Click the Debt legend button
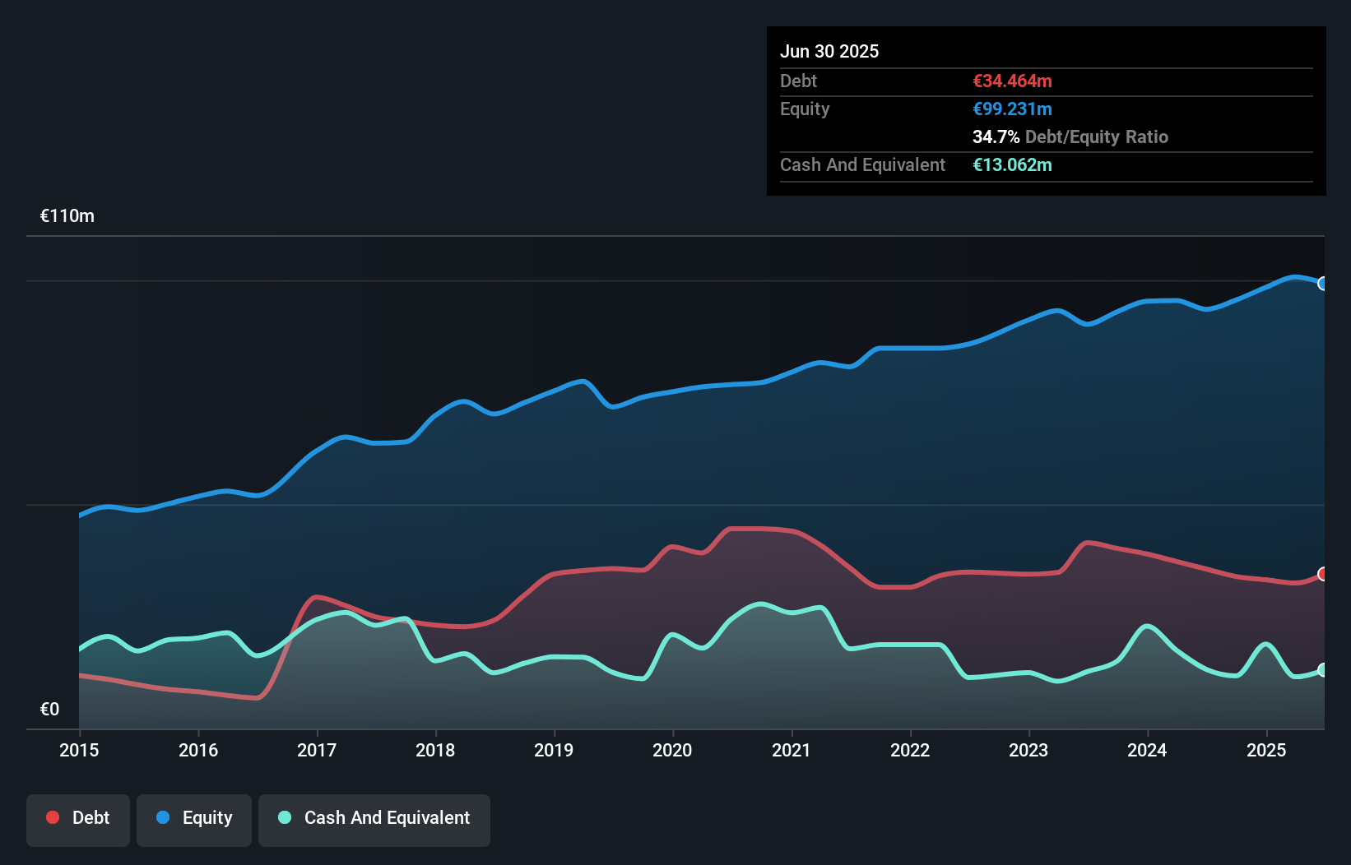(x=78, y=819)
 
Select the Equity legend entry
(x=194, y=819)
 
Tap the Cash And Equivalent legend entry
(x=374, y=819)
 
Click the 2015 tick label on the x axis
(x=79, y=750)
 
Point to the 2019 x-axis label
(x=554, y=750)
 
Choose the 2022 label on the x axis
(x=910, y=750)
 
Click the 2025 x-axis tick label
(x=1266, y=750)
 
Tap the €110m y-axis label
(x=67, y=216)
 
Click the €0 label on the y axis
(x=50, y=709)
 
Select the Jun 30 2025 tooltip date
(x=829, y=51)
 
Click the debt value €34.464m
(x=1012, y=81)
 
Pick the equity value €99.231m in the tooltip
(x=1012, y=109)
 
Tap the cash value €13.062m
(x=1012, y=164)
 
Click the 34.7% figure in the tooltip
(x=996, y=136)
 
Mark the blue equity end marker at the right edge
(x=1323, y=284)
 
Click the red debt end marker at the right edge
(x=1323, y=574)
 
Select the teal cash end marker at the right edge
(x=1323, y=670)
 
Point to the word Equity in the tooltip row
(x=805, y=109)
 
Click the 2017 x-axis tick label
(x=317, y=750)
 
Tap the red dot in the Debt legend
(x=53, y=817)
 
